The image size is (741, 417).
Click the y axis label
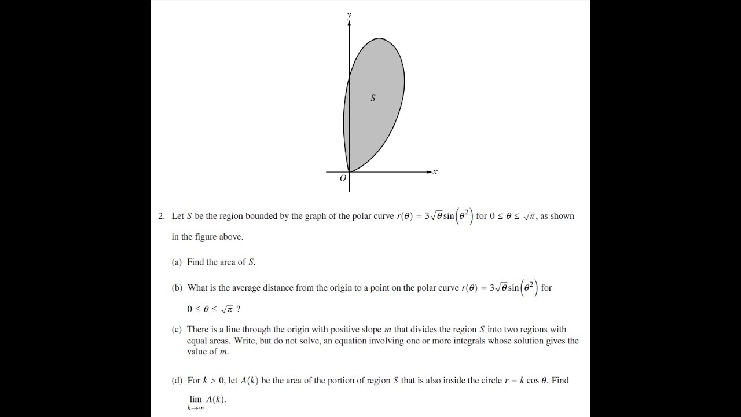(349, 15)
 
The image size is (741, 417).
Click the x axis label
(435, 171)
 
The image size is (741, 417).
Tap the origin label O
(343, 178)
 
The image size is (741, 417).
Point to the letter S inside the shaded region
(373, 98)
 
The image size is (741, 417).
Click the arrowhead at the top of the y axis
(349, 23)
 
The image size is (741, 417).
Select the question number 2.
(161, 216)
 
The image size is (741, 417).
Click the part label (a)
(177, 262)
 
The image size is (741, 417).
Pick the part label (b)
(177, 288)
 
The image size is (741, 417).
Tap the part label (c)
(177, 330)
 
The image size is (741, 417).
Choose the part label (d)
(177, 381)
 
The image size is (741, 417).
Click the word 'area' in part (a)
(227, 262)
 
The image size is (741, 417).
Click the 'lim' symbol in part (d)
(196, 399)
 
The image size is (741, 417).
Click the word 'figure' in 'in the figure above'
(207, 237)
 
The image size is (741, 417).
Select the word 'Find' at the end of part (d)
(560, 381)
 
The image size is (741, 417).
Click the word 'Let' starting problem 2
(178, 216)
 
